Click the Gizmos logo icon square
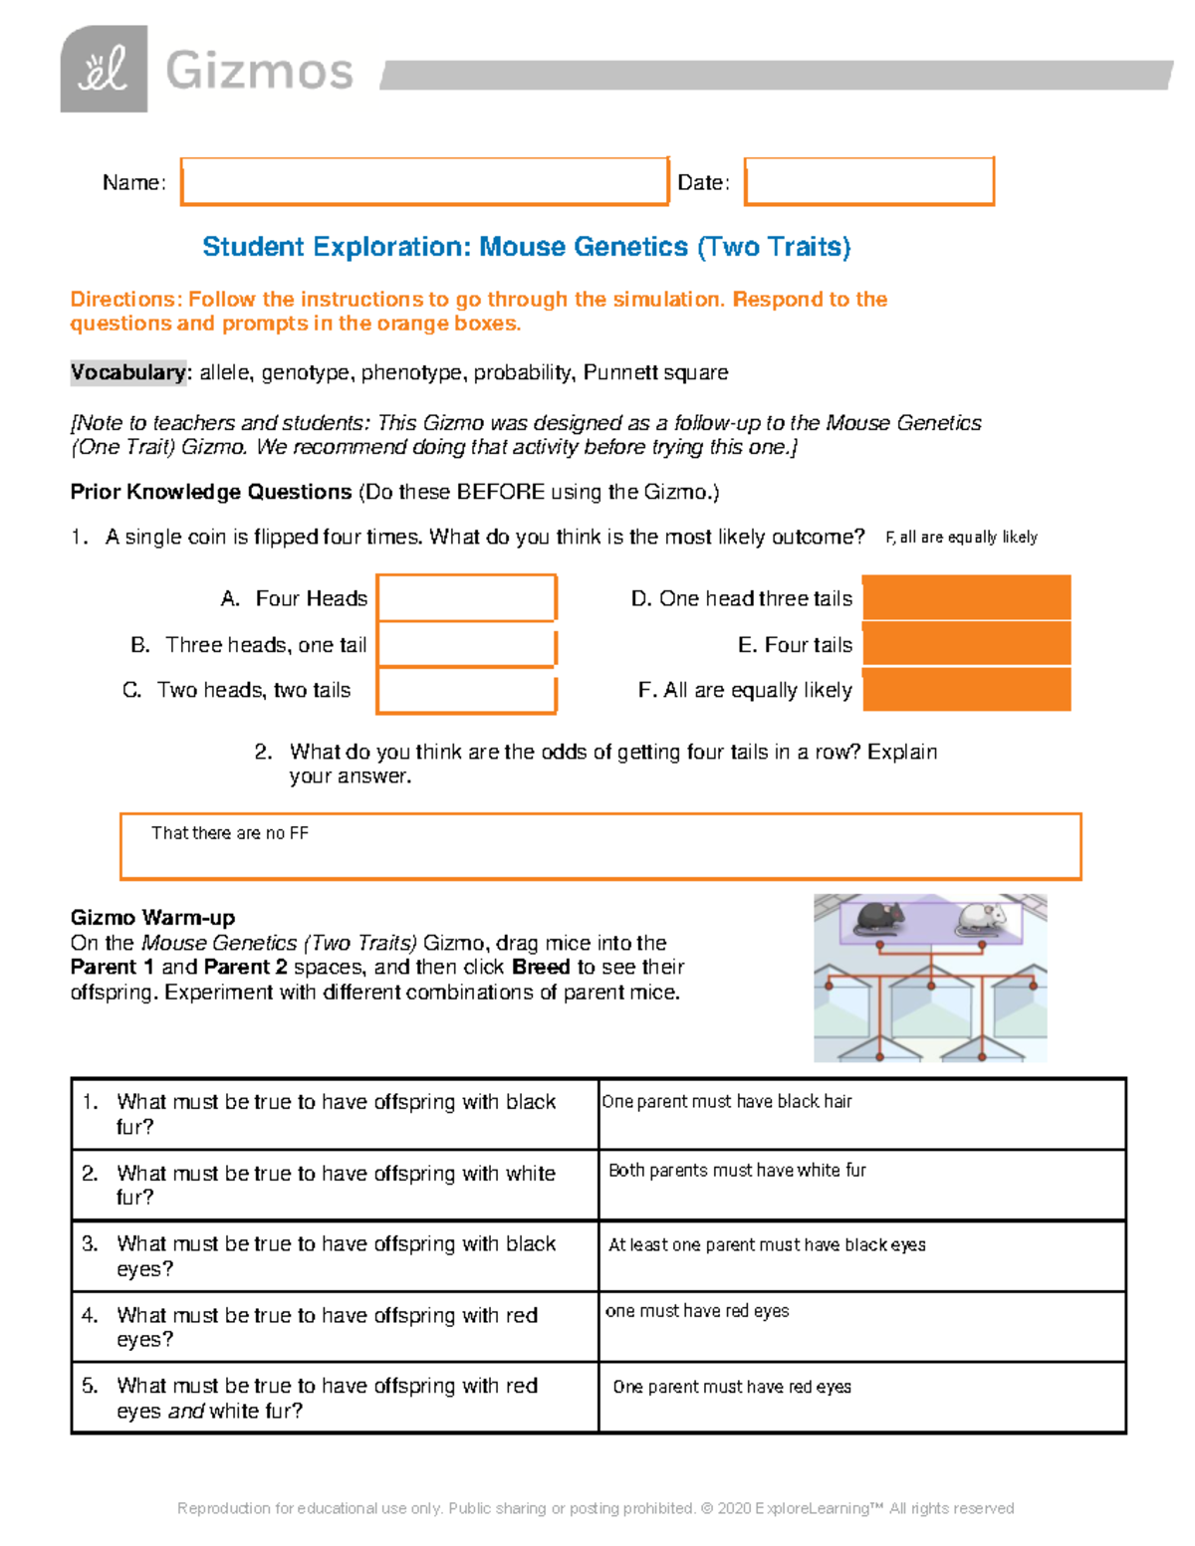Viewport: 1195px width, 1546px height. tap(104, 69)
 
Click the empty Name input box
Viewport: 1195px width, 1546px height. tap(424, 181)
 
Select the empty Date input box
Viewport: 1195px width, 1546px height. tap(868, 181)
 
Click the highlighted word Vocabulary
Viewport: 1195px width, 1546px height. tap(127, 372)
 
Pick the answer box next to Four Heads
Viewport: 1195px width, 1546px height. tap(466, 598)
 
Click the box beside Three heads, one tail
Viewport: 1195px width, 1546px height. tap(466, 645)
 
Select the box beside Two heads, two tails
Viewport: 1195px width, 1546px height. tap(466, 691)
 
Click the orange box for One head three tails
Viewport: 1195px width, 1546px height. tap(966, 597)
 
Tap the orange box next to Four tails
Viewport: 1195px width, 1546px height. tap(966, 644)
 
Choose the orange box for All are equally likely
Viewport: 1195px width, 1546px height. tap(966, 690)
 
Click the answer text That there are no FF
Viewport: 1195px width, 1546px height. tap(230, 833)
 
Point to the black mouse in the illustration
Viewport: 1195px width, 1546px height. tap(881, 917)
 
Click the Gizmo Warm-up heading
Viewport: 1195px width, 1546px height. tap(152, 917)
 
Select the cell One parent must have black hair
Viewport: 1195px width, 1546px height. tap(727, 1101)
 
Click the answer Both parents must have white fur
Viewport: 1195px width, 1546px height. tap(737, 1171)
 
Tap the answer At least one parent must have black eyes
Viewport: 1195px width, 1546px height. tap(767, 1244)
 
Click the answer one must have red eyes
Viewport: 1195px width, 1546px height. tap(697, 1311)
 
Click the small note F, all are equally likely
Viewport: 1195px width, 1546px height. tap(961, 538)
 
